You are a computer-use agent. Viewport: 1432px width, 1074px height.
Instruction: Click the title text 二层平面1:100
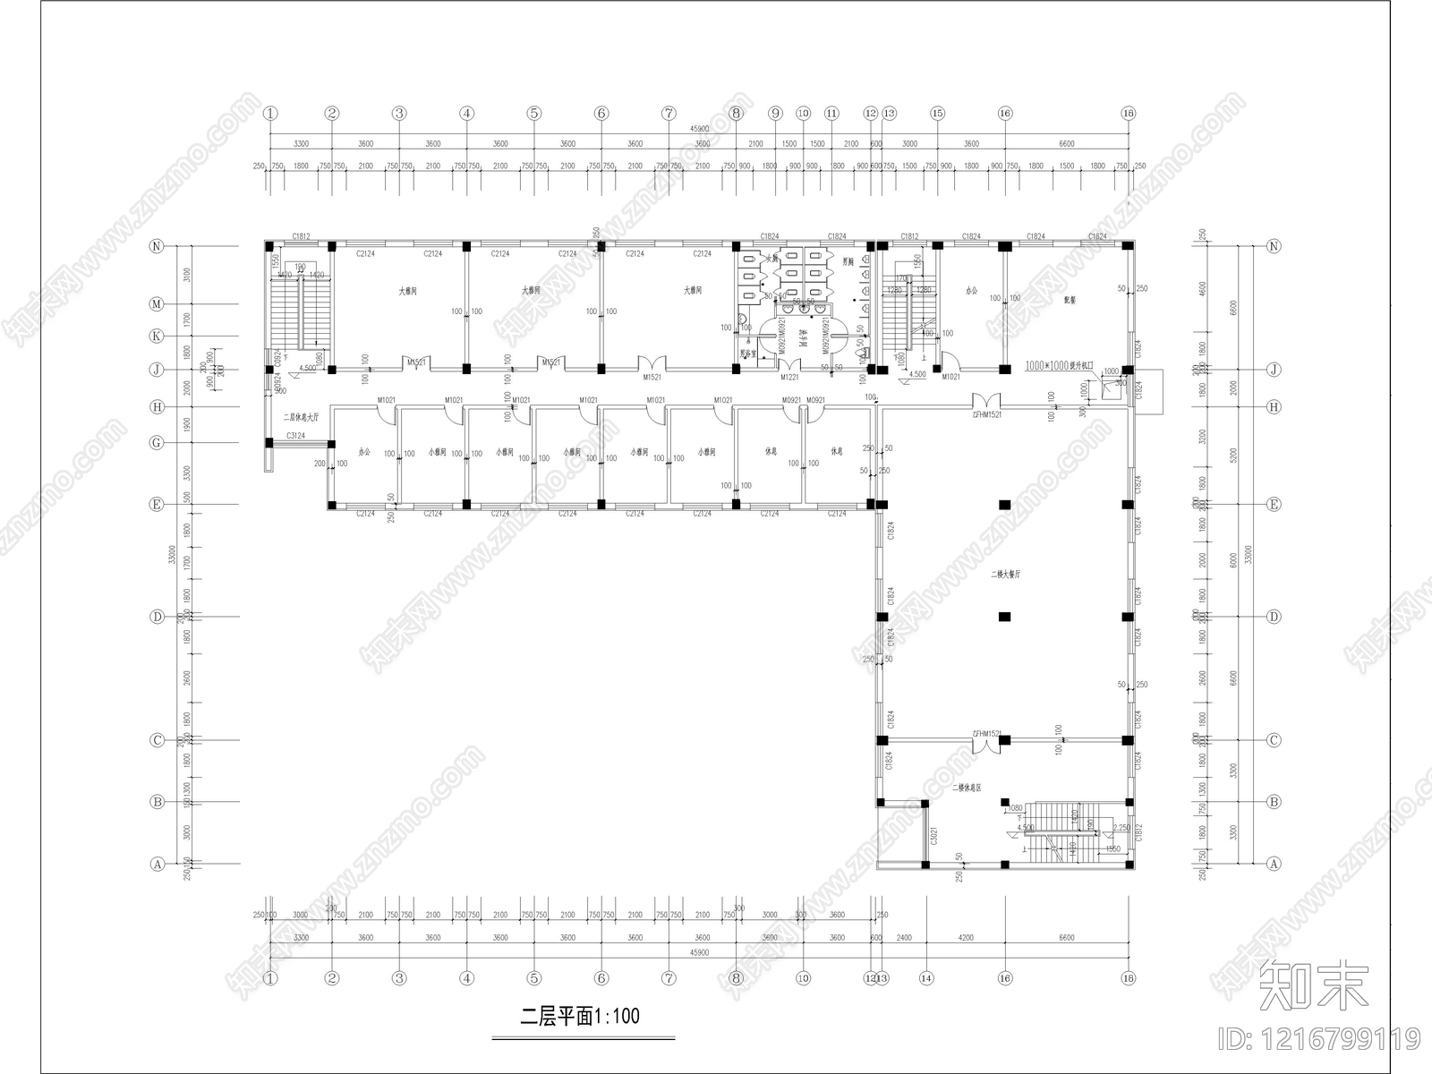click(580, 1016)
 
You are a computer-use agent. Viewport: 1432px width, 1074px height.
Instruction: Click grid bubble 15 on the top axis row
click(937, 114)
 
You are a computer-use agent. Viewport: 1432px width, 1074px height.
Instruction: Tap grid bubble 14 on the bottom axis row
click(925, 978)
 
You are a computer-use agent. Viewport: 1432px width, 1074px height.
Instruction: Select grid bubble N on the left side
click(157, 246)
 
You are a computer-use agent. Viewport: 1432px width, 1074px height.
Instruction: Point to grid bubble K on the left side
click(157, 336)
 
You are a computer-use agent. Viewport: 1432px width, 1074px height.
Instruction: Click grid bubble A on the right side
click(1274, 864)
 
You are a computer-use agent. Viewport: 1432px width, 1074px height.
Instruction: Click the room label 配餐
click(1070, 301)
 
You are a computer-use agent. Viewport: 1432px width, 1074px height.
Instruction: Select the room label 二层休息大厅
click(301, 417)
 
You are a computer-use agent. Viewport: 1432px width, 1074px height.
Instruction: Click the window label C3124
click(295, 436)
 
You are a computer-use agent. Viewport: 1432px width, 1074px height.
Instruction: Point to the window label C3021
click(933, 837)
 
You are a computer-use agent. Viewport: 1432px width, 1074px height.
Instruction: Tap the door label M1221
click(788, 377)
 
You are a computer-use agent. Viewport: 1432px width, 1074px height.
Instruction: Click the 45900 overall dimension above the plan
click(699, 129)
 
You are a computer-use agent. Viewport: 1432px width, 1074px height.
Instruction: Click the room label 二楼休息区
click(967, 788)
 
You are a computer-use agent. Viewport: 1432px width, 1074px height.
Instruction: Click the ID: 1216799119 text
click(1319, 1039)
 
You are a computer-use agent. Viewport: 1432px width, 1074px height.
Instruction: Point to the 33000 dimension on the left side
click(171, 555)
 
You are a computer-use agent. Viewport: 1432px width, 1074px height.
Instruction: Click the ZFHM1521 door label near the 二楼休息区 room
click(985, 734)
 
